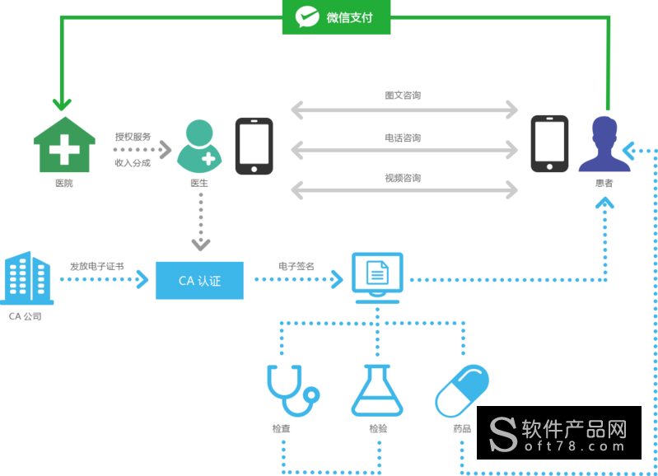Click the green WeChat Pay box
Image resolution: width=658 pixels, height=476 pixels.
[x=336, y=17]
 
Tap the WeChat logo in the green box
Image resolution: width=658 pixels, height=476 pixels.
[x=307, y=17]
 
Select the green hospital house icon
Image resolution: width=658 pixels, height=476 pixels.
[x=63, y=145]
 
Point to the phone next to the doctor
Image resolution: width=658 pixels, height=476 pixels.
[x=254, y=146]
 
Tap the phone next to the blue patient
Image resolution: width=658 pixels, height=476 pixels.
[x=549, y=144]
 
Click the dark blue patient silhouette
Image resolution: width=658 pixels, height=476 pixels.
[x=604, y=144]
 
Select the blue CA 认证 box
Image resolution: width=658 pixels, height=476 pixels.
[x=199, y=280]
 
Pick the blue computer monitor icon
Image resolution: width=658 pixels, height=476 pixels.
[x=377, y=277]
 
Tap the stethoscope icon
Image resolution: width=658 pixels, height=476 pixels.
[x=290, y=390]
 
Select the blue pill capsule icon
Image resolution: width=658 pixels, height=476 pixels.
[x=462, y=390]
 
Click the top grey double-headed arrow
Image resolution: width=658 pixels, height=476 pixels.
[x=404, y=110]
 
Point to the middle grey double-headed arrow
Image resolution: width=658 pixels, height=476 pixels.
[x=404, y=150]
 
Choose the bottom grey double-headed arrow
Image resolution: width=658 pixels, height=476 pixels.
[x=404, y=189]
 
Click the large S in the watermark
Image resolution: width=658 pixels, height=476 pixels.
[x=503, y=434]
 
